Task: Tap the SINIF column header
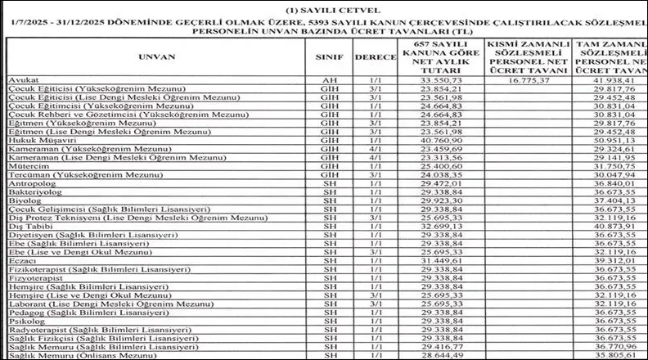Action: (x=329, y=59)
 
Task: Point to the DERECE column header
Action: (x=376, y=59)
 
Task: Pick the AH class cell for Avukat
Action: (x=329, y=80)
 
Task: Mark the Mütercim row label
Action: (x=24, y=167)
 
